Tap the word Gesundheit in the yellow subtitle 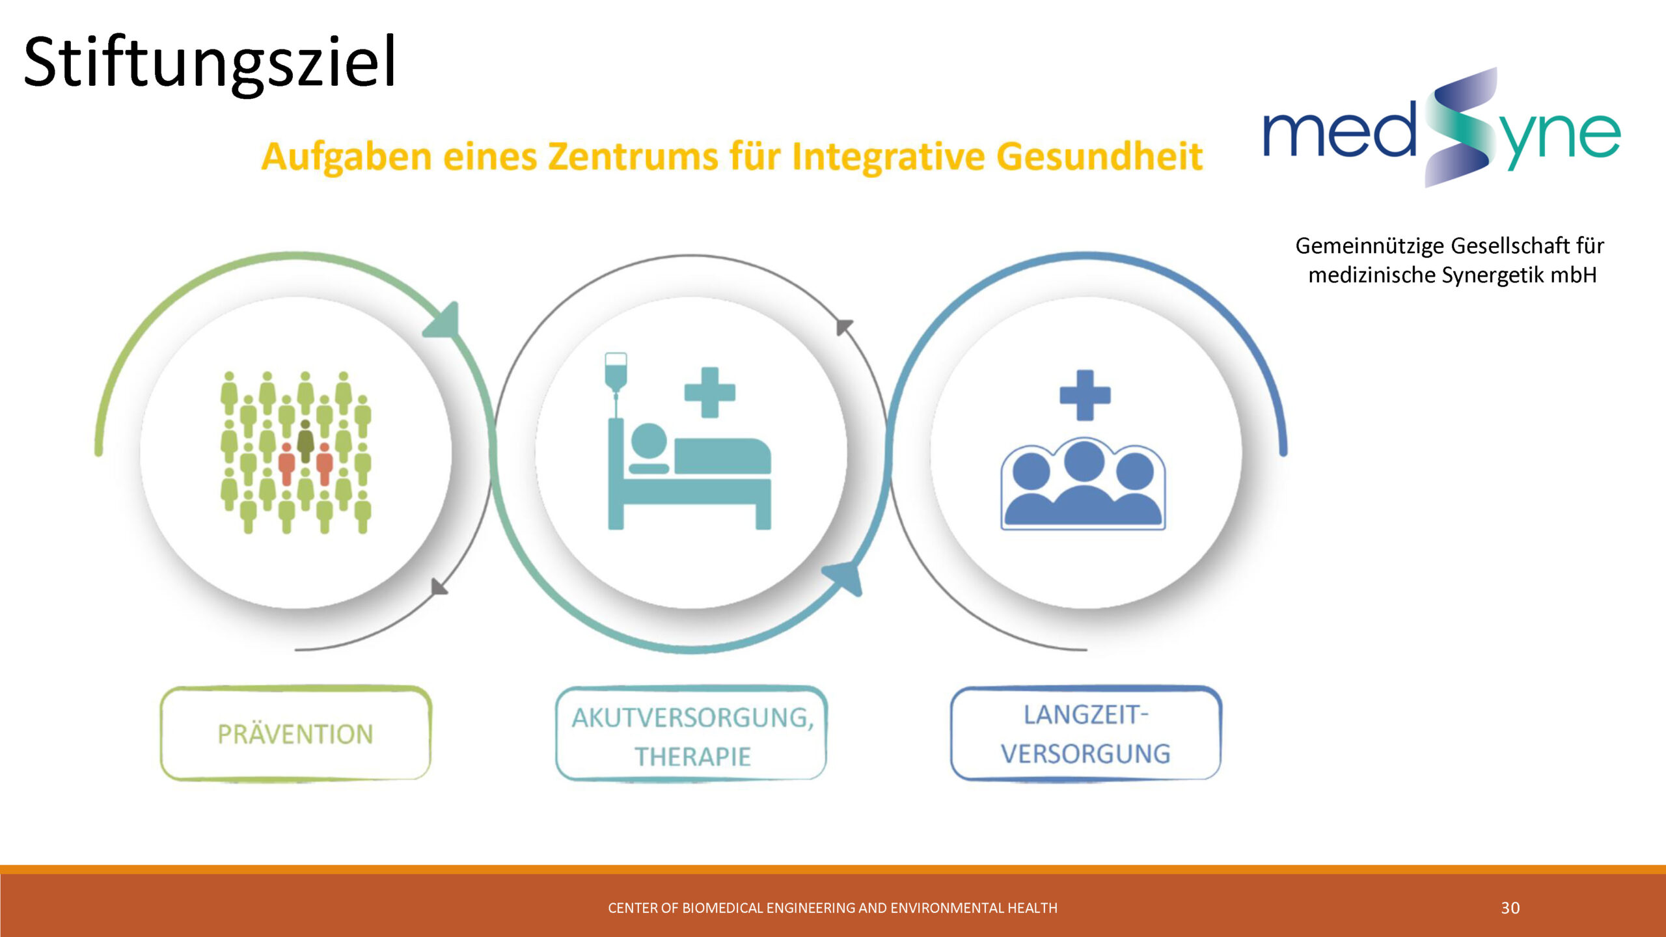click(1099, 156)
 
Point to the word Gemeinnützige click(1371, 246)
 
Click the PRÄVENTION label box click(296, 733)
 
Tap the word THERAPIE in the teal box click(692, 757)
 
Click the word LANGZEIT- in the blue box click(1086, 714)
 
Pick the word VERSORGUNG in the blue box click(1086, 754)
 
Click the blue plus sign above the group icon click(1085, 395)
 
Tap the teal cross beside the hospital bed click(710, 392)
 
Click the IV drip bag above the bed click(616, 371)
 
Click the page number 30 click(1510, 908)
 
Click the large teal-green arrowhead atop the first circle click(444, 321)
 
